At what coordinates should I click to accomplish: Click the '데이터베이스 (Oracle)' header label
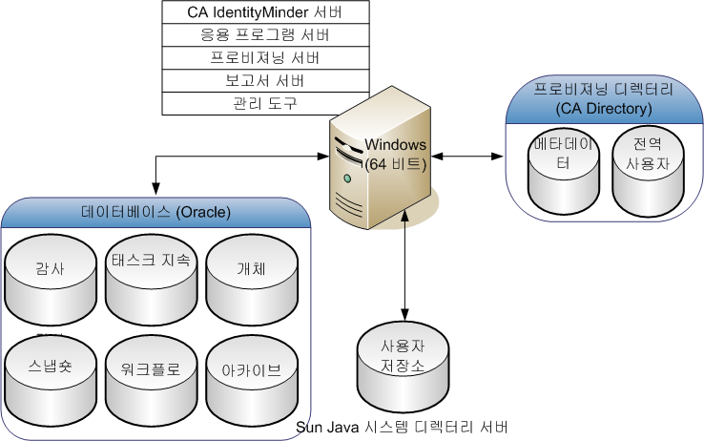pos(156,211)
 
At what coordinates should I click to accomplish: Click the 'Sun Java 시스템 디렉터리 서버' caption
pos(402,426)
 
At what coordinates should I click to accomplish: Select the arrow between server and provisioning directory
pos(467,155)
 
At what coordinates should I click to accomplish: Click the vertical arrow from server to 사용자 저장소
pos(407,267)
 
